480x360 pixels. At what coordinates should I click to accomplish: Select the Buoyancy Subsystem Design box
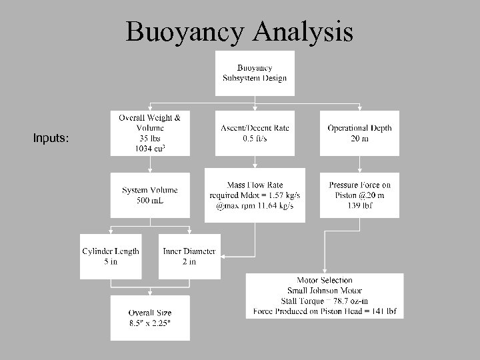tap(254, 73)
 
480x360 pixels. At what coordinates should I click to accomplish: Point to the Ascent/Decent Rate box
tap(254, 133)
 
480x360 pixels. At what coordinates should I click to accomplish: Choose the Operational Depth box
tap(359, 133)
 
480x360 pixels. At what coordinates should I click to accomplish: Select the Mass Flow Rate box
tap(254, 195)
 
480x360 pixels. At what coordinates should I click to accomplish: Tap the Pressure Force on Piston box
tap(359, 195)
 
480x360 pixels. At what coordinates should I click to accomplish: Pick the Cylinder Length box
tap(111, 256)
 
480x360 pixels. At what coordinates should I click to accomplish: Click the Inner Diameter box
tap(189, 256)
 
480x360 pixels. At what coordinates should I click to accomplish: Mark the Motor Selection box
tap(324, 295)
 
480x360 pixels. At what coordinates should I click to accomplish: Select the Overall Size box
tap(150, 318)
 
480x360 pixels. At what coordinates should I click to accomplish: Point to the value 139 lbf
tap(359, 207)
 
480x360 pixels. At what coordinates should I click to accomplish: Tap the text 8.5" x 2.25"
tap(150, 324)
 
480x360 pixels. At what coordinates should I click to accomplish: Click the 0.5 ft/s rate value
tap(254, 139)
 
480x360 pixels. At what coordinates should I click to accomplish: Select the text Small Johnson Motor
tap(324, 290)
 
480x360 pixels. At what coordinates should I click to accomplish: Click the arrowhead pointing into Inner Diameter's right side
tap(222, 256)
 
